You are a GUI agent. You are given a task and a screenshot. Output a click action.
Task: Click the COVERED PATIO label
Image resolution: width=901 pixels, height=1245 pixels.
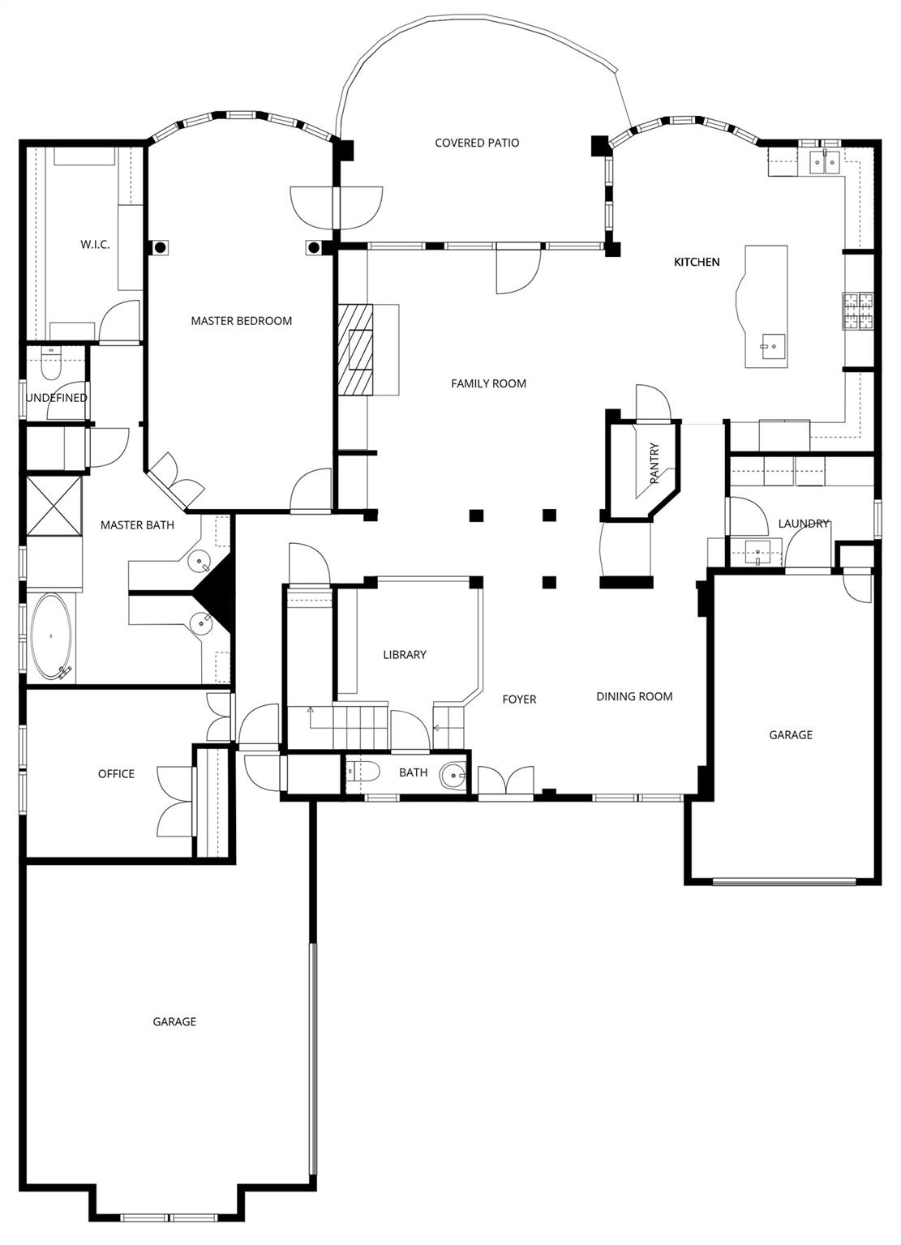pyautogui.click(x=477, y=143)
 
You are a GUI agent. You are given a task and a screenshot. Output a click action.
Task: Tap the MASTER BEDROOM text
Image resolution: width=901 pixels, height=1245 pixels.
pyautogui.click(x=241, y=321)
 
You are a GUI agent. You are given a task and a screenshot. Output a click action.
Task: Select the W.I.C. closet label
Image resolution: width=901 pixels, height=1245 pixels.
pyautogui.click(x=95, y=245)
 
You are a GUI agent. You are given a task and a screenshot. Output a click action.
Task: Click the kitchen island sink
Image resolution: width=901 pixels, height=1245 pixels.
pyautogui.click(x=768, y=346)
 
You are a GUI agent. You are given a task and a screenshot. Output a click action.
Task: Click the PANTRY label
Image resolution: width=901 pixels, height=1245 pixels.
pyautogui.click(x=654, y=464)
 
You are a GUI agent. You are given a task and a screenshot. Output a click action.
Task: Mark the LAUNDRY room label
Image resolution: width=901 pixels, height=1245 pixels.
pyautogui.click(x=803, y=524)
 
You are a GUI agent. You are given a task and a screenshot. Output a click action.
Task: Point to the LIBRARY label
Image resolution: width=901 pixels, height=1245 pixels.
pyautogui.click(x=405, y=655)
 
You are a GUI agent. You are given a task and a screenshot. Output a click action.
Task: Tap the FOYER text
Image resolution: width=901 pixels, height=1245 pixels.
pyautogui.click(x=519, y=700)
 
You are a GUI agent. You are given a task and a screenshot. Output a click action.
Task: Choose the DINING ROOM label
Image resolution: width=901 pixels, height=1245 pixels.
pyautogui.click(x=634, y=696)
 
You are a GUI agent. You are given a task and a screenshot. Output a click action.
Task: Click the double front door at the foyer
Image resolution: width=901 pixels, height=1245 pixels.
pyautogui.click(x=506, y=782)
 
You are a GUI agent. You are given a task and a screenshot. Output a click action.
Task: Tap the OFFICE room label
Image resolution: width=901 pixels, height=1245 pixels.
pyautogui.click(x=116, y=774)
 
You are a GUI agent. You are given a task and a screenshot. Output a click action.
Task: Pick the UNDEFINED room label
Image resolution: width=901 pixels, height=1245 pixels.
pyautogui.click(x=56, y=398)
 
